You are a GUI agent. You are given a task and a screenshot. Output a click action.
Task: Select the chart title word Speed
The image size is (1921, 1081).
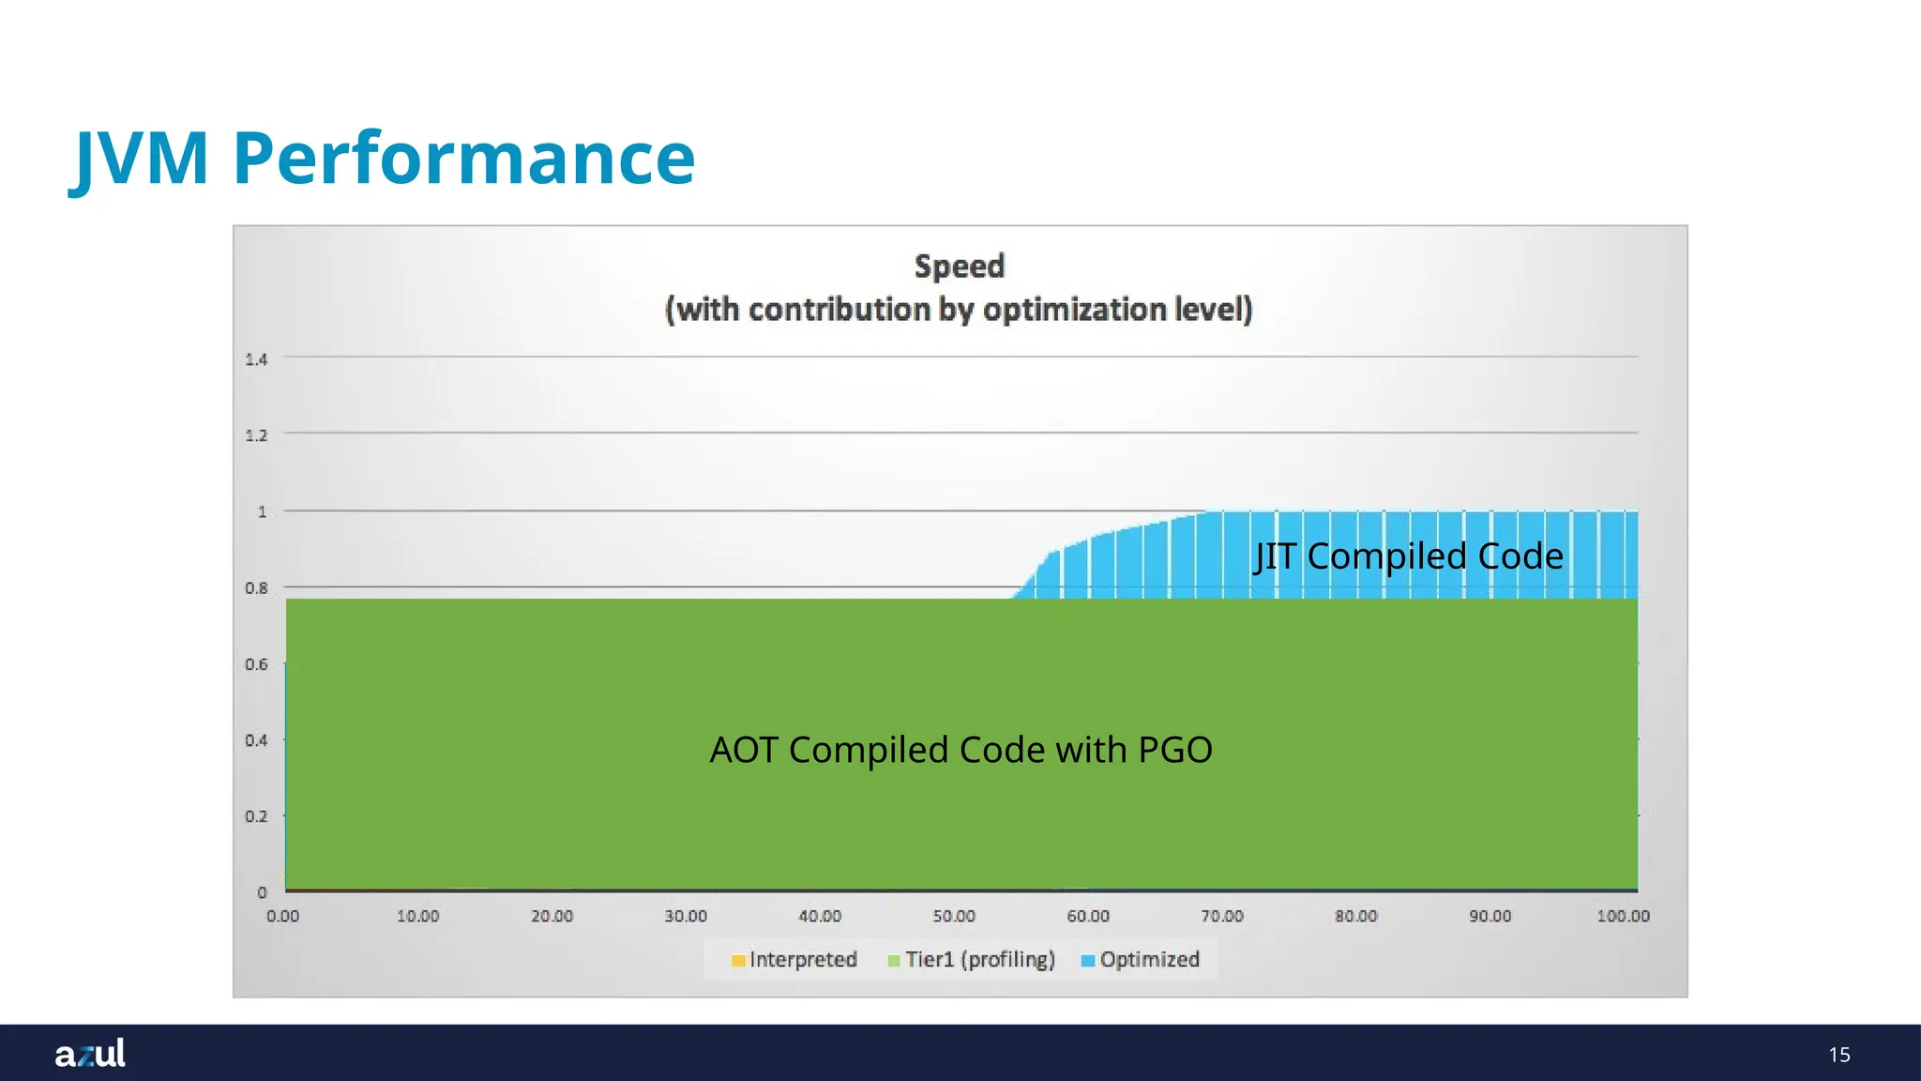(960, 266)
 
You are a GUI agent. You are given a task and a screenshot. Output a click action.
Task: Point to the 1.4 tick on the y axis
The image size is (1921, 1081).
(256, 359)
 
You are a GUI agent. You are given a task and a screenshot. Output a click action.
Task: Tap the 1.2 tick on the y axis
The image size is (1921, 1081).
(256, 435)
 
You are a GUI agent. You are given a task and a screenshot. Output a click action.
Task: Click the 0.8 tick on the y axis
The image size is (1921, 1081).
(256, 588)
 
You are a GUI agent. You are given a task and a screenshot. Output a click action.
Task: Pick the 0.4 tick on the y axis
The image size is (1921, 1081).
(256, 740)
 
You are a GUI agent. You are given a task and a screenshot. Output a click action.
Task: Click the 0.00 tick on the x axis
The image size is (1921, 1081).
(282, 916)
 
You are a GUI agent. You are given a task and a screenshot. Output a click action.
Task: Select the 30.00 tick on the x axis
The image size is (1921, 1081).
(686, 916)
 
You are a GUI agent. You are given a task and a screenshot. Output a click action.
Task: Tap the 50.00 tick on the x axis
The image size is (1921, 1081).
(954, 916)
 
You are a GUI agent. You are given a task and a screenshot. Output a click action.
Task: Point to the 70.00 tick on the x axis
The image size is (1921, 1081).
(1222, 916)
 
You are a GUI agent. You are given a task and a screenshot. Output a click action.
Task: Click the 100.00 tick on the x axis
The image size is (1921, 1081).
(1623, 916)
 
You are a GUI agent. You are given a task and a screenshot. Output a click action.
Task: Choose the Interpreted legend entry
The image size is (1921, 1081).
(794, 960)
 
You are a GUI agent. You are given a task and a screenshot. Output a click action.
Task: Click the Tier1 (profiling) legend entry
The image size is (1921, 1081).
(972, 960)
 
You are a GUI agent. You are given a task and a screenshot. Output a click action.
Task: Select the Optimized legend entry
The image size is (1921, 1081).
(1141, 960)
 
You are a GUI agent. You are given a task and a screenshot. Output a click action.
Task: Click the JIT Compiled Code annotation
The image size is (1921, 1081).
(1409, 556)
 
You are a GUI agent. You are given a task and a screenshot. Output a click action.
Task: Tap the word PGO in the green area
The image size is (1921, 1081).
(1174, 751)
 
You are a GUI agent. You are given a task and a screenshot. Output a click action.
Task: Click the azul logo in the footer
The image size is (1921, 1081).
(90, 1054)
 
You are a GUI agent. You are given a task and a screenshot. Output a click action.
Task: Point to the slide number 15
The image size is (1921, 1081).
(1839, 1055)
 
